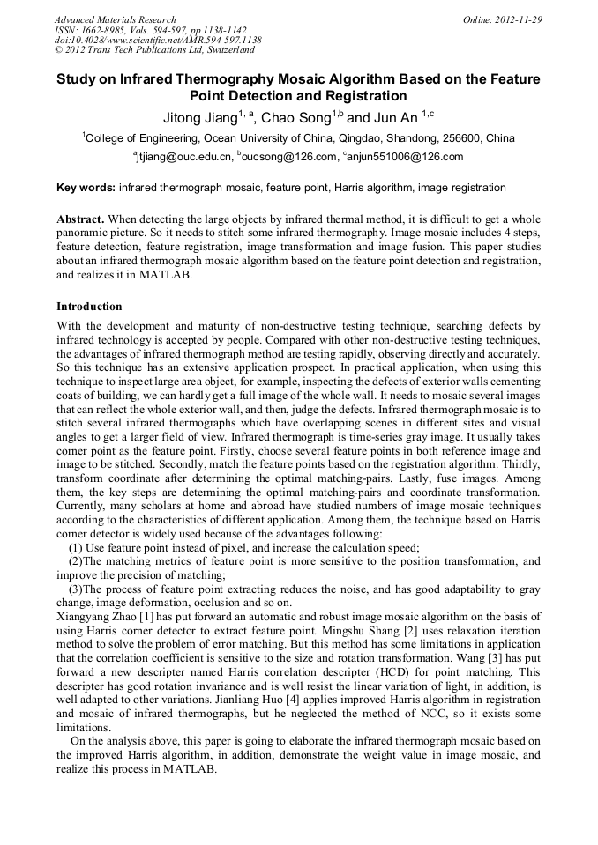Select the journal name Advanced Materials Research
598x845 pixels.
[115, 19]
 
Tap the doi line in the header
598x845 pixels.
[158, 40]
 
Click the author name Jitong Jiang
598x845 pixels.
[198, 117]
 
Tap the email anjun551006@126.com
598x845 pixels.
[406, 158]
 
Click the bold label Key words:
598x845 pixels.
[86, 188]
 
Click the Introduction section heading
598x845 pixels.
[89, 307]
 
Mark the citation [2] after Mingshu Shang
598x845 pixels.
[409, 631]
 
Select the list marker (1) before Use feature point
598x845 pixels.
[75, 547]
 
